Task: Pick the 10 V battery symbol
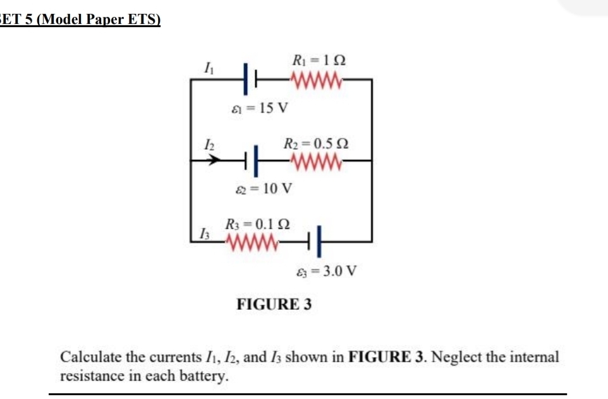tap(252, 161)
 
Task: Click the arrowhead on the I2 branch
tap(218, 161)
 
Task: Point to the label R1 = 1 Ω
tap(319, 61)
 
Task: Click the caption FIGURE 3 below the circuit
tap(274, 304)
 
